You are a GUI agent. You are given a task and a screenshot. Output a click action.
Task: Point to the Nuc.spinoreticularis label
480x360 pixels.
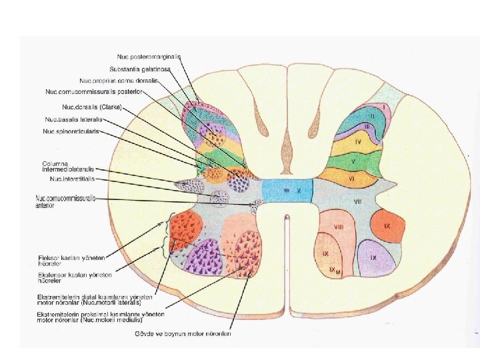[x=71, y=131]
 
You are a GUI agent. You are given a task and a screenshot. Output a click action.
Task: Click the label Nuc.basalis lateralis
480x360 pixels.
[x=71, y=119]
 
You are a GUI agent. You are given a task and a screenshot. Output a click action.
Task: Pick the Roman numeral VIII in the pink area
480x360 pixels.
[x=339, y=227]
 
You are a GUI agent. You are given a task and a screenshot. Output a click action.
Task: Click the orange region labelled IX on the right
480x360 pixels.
[x=387, y=226]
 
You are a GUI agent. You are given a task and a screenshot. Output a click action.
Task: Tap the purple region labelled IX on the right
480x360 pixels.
[x=375, y=257]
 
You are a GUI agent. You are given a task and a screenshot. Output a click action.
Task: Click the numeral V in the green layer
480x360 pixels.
[x=353, y=162]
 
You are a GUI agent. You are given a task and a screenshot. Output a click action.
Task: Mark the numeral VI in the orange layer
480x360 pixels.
[x=351, y=178]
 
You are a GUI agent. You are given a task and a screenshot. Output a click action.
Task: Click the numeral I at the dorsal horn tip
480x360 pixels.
[x=384, y=106]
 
